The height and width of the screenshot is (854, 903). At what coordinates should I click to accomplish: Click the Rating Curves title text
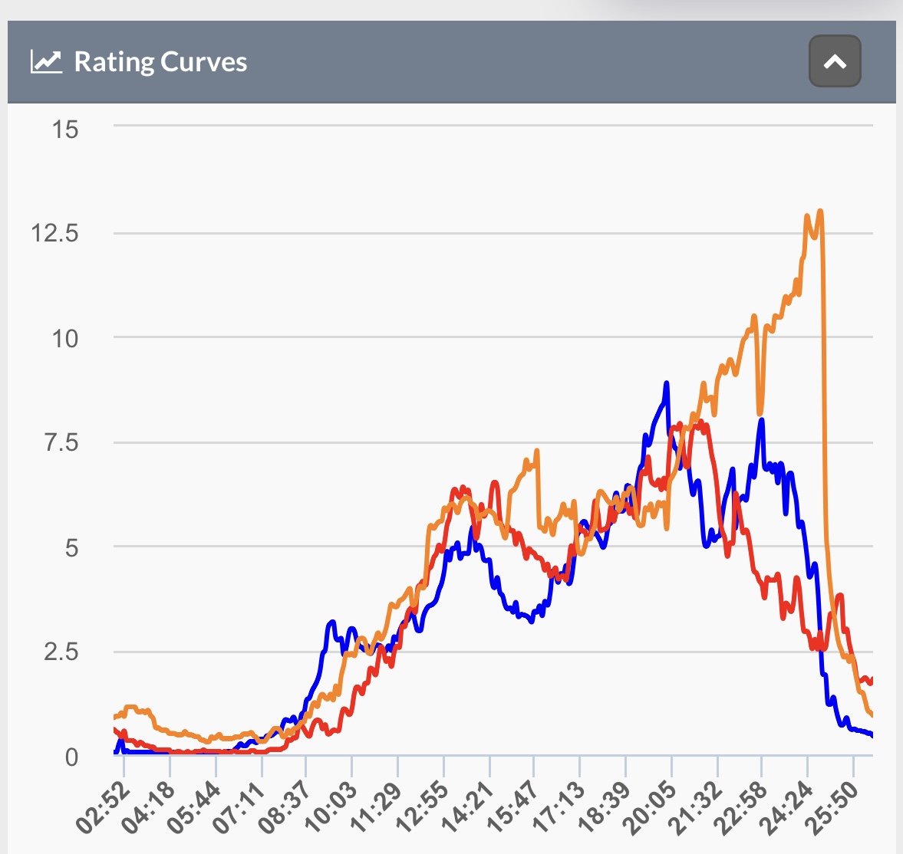click(160, 62)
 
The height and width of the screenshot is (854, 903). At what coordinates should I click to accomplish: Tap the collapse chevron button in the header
click(835, 61)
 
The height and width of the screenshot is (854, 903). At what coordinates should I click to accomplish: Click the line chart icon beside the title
click(46, 61)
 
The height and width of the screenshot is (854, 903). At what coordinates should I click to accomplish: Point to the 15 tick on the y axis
click(64, 130)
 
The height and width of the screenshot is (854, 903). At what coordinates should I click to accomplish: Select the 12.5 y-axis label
click(54, 234)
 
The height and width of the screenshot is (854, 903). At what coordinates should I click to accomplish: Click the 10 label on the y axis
click(64, 339)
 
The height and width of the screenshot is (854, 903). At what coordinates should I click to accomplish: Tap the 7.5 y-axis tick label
click(61, 443)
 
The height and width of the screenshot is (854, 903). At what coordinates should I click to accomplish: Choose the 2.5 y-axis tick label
click(61, 652)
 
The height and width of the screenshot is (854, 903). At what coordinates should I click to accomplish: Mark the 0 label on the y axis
click(71, 757)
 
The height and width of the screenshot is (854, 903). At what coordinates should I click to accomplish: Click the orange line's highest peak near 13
click(820, 211)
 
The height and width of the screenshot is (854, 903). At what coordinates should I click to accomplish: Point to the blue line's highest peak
click(667, 383)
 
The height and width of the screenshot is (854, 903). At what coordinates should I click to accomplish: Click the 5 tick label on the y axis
click(71, 548)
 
